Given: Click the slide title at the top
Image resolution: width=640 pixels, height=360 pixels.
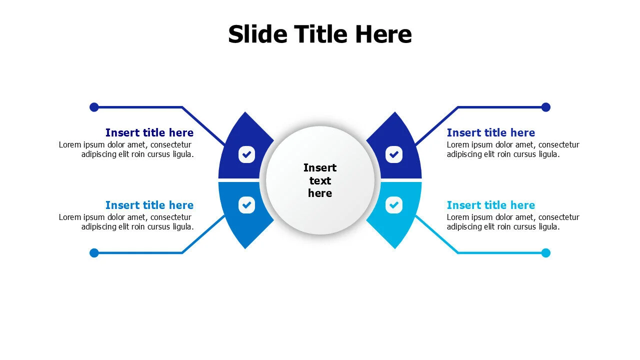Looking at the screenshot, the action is pos(320,34).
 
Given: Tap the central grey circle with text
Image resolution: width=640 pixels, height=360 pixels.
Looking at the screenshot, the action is pos(320,180).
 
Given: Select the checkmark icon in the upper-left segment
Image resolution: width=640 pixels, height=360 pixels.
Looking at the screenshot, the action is pos(246,154).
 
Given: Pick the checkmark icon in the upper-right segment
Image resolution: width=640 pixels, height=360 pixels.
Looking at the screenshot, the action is pos(393,154).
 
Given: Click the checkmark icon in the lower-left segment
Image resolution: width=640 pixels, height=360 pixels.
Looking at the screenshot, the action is pos(246,205).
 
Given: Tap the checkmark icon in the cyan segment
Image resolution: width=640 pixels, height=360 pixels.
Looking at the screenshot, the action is pos(393,205).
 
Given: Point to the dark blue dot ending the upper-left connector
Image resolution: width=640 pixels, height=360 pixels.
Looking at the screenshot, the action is pos(94,107).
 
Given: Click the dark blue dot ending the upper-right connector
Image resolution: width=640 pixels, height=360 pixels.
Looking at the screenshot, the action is pos(545,107).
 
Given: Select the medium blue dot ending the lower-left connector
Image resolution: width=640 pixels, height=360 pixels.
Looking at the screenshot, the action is pos(94,253).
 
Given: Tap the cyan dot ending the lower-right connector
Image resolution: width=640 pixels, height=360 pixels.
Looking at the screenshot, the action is pos(545,253).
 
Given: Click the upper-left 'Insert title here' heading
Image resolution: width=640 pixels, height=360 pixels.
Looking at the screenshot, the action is pos(149,132).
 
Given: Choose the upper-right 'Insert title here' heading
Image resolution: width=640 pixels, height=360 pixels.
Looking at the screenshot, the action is pos(491,132).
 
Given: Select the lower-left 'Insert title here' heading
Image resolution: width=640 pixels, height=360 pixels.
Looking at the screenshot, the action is pos(149,205).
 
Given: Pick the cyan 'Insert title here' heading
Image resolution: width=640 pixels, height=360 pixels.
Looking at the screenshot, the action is pos(491,205).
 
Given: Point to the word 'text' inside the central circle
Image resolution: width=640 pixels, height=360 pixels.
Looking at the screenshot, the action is pos(320,180).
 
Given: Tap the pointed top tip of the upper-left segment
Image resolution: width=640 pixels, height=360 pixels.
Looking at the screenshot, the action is pos(245,112).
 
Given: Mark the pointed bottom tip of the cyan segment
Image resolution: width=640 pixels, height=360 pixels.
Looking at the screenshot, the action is pos(395,248).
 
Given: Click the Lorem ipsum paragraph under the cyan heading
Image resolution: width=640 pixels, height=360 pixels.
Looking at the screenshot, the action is pos(513,222).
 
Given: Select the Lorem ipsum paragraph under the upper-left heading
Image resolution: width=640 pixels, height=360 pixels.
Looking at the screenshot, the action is pos(126,149).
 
